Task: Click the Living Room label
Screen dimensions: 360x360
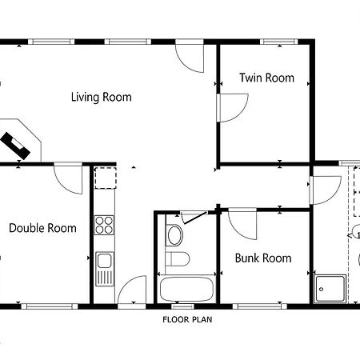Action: (102, 97)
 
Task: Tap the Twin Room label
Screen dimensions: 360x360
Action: (266, 78)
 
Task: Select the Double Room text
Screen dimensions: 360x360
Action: (42, 228)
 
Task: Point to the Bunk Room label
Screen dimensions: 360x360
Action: (263, 258)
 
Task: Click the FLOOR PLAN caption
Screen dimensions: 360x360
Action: (187, 319)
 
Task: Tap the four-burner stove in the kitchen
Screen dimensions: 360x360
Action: (104, 225)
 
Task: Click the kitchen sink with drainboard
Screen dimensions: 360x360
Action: (105, 269)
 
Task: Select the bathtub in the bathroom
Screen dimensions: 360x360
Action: (186, 290)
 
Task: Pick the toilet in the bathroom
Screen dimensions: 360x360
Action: (178, 259)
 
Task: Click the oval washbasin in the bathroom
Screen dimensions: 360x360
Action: (174, 235)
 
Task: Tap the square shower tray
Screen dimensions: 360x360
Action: (330, 289)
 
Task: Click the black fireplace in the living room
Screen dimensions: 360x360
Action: (15, 146)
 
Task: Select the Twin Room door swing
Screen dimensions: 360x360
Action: (234, 108)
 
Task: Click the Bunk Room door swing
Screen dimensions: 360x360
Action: (242, 224)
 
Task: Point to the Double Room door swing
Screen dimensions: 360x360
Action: (68, 178)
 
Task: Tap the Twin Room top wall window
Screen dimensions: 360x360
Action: (279, 42)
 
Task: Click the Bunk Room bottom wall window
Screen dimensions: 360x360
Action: (260, 306)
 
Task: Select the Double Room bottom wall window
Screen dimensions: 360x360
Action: (50, 306)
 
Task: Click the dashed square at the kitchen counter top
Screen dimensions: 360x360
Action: (106, 178)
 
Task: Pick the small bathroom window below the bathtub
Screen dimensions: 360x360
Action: (182, 306)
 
